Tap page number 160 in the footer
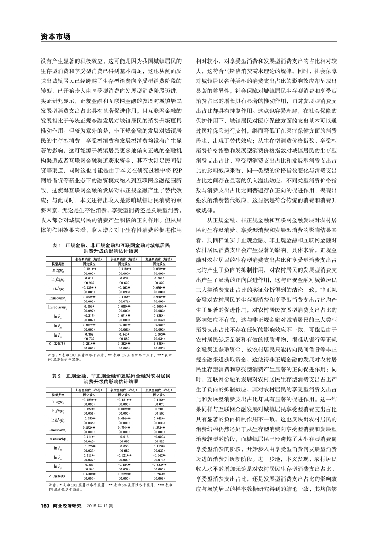tap(45, 505)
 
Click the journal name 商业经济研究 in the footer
tap(66, 505)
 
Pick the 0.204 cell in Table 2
tap(158, 408)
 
